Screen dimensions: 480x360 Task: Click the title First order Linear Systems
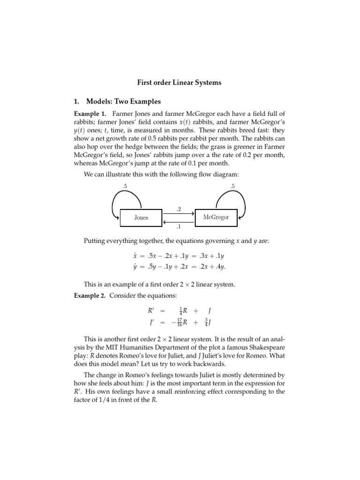[179, 82]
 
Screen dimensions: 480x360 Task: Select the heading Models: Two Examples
[123, 101]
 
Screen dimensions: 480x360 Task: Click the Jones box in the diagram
[141, 217]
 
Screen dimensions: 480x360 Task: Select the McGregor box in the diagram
[216, 217]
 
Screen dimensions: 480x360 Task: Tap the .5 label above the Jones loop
[125, 187]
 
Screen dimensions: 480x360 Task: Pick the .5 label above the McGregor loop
[232, 187]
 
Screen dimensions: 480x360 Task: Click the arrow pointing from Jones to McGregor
[179, 213]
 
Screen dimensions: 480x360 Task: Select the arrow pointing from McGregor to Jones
[179, 222]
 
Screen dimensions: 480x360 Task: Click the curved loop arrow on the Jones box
[117, 202]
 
